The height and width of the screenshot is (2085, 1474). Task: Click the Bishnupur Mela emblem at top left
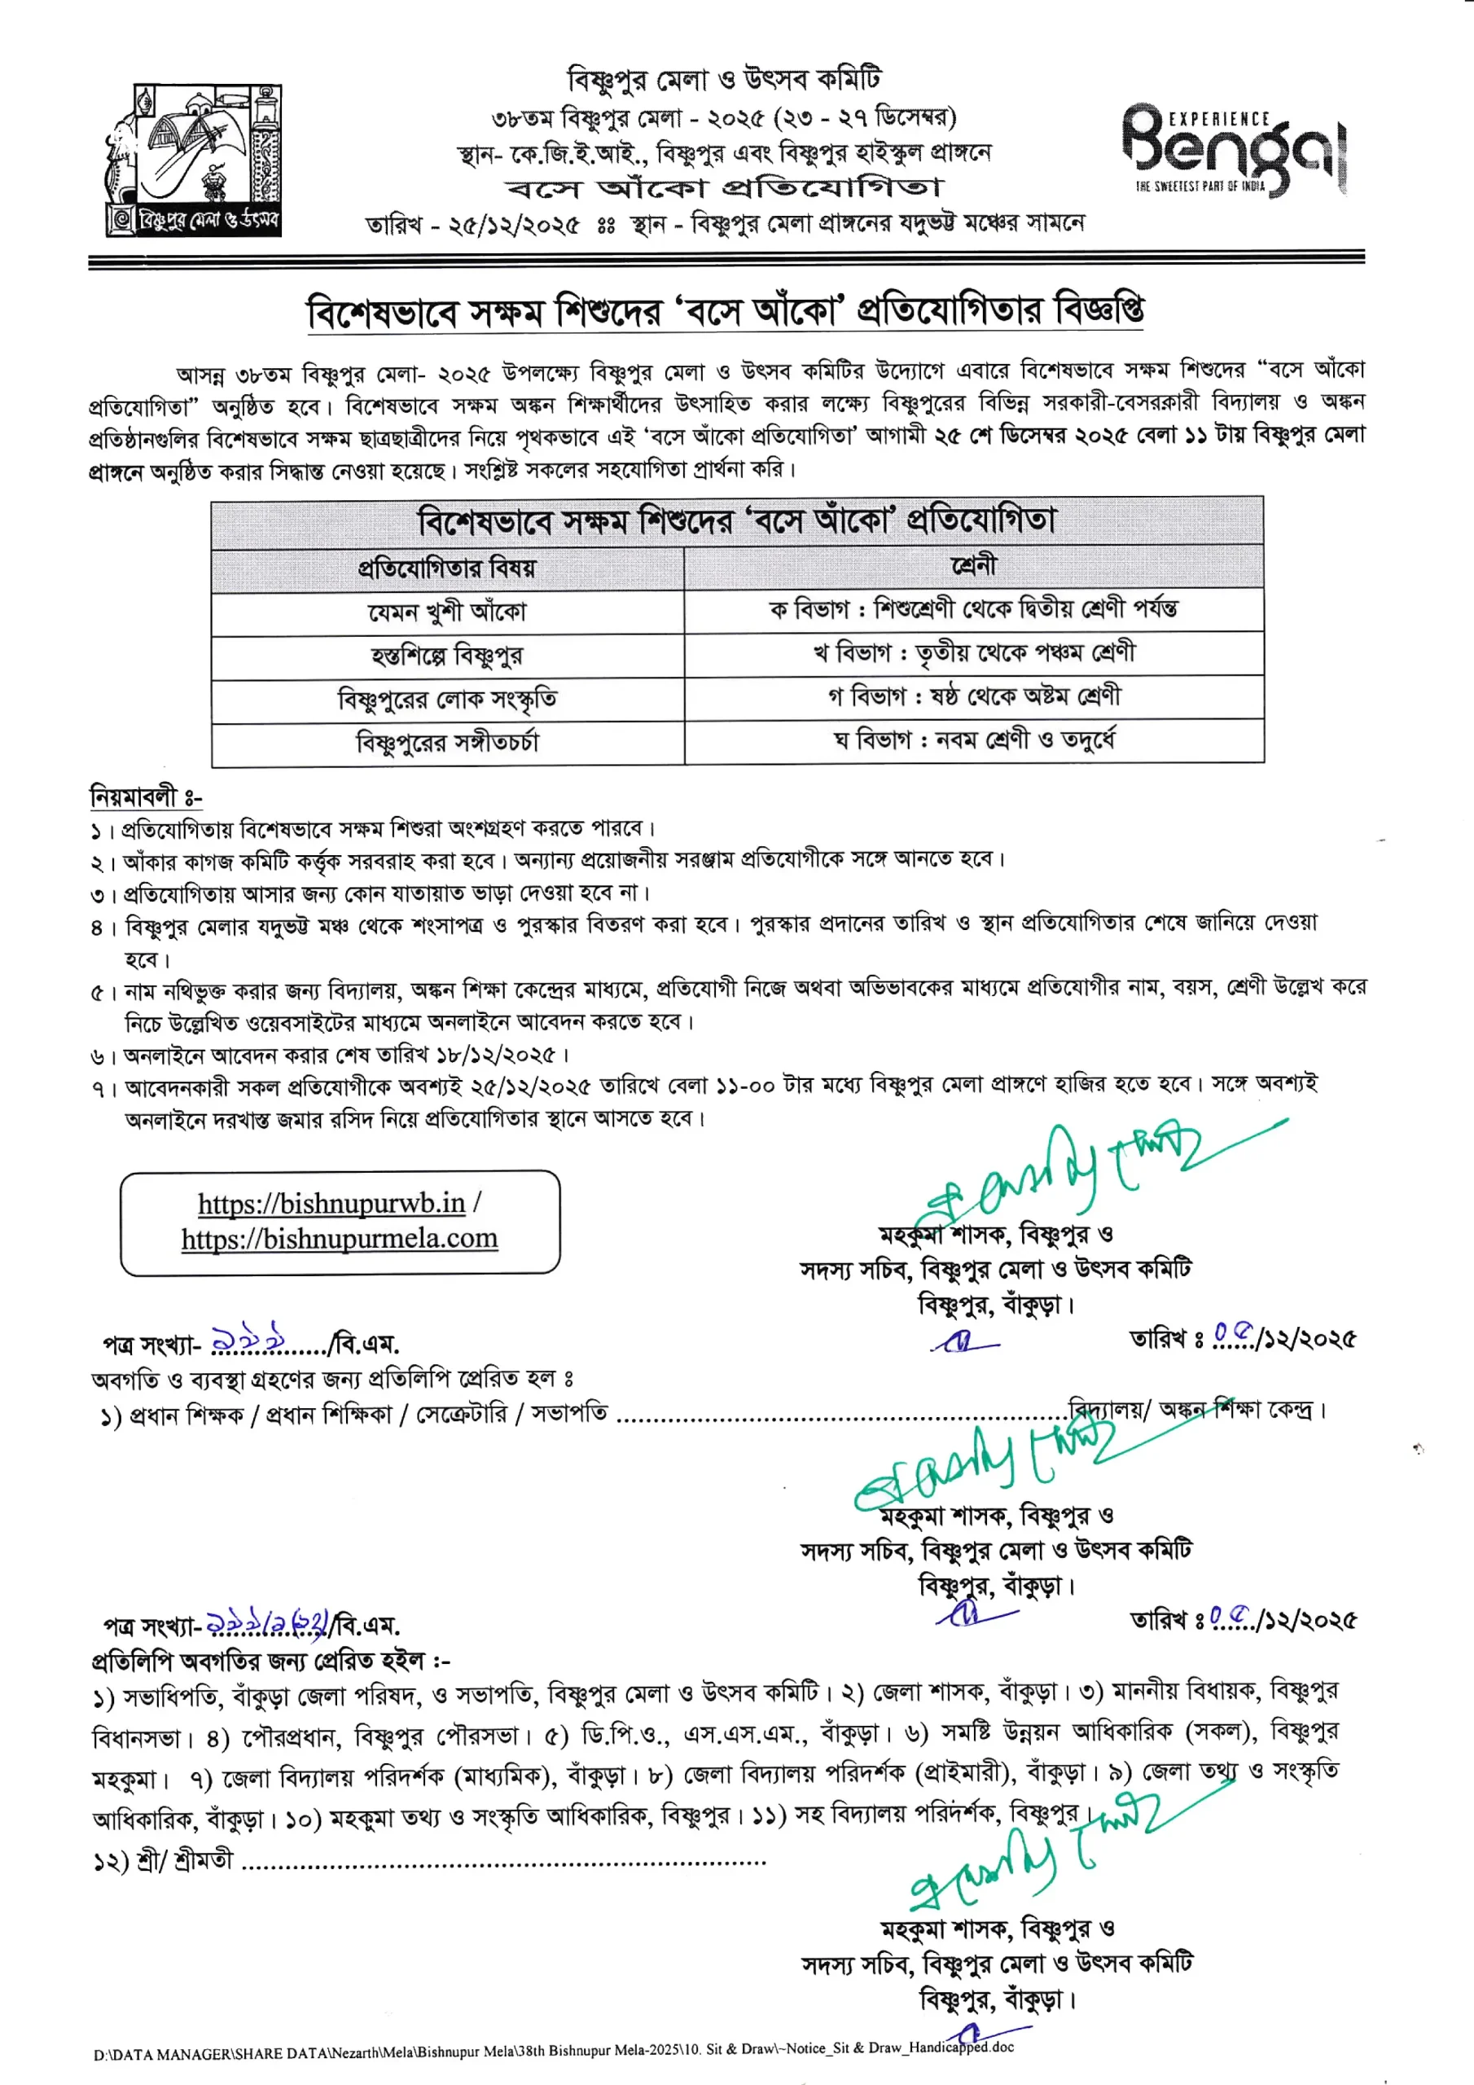click(x=195, y=160)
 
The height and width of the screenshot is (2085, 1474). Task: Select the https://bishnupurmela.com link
click(x=340, y=1239)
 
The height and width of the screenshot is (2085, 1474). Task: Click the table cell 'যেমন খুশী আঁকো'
click(x=447, y=612)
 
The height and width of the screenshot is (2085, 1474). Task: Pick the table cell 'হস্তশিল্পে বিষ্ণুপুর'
click(x=447, y=655)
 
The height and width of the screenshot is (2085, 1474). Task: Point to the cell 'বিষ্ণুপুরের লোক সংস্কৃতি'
click(x=447, y=700)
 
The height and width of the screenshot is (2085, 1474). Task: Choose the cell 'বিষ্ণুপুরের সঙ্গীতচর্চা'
click(x=447, y=743)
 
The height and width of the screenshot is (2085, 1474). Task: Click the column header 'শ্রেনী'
click(x=974, y=567)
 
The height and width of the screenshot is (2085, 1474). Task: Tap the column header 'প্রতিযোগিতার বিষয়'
click(x=447, y=568)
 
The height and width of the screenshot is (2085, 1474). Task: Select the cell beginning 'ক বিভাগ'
click(x=974, y=608)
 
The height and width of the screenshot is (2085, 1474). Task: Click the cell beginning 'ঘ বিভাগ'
click(x=974, y=740)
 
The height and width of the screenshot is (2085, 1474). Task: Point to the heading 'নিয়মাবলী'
click(x=145, y=797)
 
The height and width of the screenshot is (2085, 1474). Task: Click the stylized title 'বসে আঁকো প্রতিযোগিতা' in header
click(x=725, y=188)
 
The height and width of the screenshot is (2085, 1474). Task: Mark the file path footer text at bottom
click(x=553, y=2050)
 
